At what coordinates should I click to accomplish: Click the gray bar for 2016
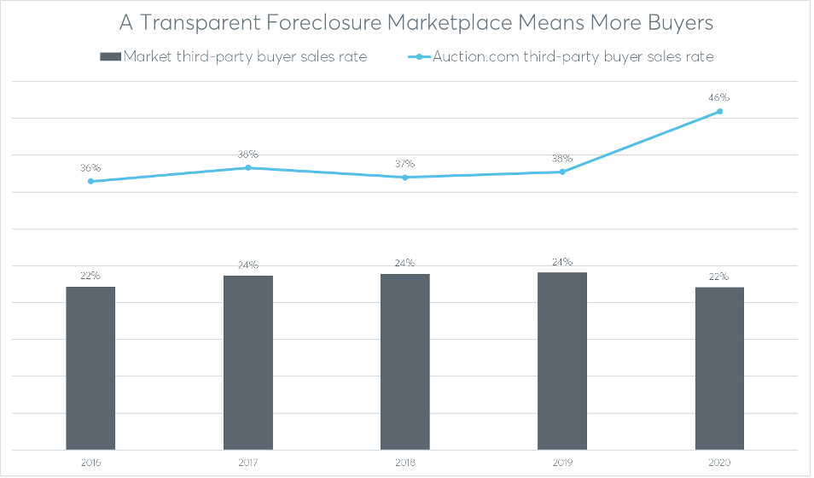(90, 368)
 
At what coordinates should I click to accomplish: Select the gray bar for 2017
(248, 363)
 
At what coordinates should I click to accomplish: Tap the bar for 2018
(405, 362)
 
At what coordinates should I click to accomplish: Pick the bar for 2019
(562, 361)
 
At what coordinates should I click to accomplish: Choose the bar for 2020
(719, 368)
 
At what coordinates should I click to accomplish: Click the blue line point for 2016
(90, 181)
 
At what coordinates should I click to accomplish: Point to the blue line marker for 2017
(248, 167)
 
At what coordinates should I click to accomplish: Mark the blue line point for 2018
(405, 178)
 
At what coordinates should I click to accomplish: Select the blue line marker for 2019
(562, 172)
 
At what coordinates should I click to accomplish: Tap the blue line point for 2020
(719, 111)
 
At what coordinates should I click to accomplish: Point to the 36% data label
(90, 168)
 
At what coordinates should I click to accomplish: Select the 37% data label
(405, 164)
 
